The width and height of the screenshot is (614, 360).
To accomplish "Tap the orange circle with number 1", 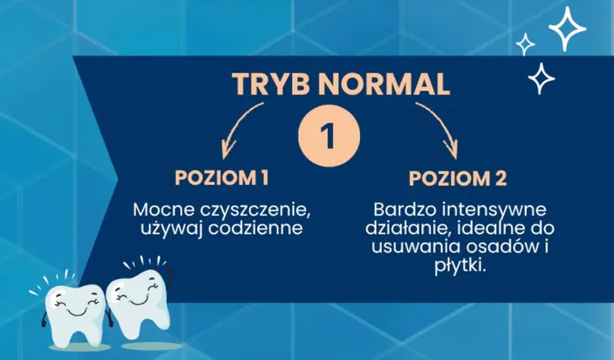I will [x=330, y=134].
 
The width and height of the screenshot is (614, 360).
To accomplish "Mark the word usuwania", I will [x=409, y=246].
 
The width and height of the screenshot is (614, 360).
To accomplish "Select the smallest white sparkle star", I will [x=525, y=43].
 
